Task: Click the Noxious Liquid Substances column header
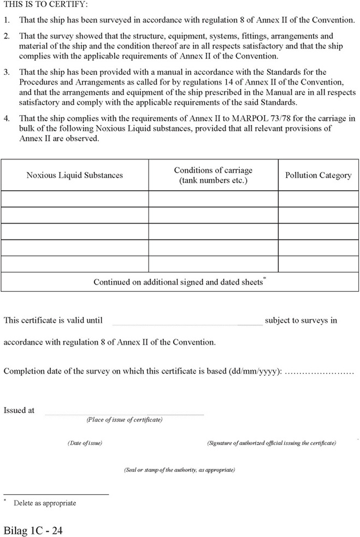point(75,175)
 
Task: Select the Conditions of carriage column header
point(213,175)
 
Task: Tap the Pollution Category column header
point(318,175)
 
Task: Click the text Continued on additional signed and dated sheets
point(178,282)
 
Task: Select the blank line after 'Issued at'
point(124,414)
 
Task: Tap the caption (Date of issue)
point(85,443)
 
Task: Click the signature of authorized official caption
point(272,443)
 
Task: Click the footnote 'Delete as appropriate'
point(45,503)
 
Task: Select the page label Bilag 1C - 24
point(33,530)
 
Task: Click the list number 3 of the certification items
point(6,72)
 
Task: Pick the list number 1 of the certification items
point(6,20)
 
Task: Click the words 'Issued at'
point(19,410)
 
